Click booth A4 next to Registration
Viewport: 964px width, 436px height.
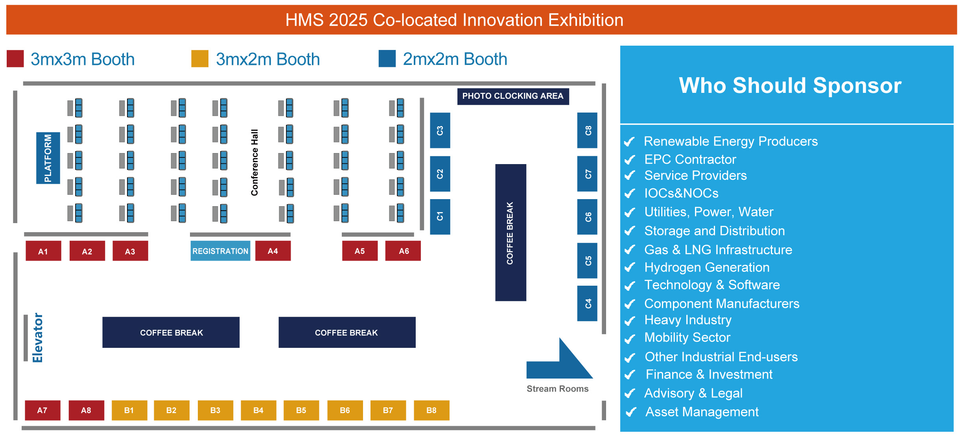point(273,251)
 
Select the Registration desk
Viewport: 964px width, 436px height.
point(220,251)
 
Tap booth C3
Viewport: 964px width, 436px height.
point(440,130)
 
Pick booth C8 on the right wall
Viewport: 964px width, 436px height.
point(587,130)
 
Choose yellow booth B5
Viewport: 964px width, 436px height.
point(301,410)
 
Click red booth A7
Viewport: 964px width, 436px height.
point(42,410)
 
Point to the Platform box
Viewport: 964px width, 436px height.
point(48,158)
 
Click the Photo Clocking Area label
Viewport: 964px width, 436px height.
point(513,96)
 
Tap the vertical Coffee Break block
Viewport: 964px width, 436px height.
point(511,233)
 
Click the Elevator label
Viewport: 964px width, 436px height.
point(38,338)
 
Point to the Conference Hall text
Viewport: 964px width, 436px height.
point(254,163)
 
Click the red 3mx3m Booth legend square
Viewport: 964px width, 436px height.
point(15,59)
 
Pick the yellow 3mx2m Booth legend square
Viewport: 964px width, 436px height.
point(200,59)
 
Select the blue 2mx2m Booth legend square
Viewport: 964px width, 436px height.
point(387,59)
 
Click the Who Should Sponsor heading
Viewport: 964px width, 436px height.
point(790,85)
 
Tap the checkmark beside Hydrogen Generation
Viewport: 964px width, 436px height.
point(630,268)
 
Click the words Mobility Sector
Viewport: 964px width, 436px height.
point(687,338)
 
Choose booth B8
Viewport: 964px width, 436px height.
point(431,410)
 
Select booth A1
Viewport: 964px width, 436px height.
point(43,251)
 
